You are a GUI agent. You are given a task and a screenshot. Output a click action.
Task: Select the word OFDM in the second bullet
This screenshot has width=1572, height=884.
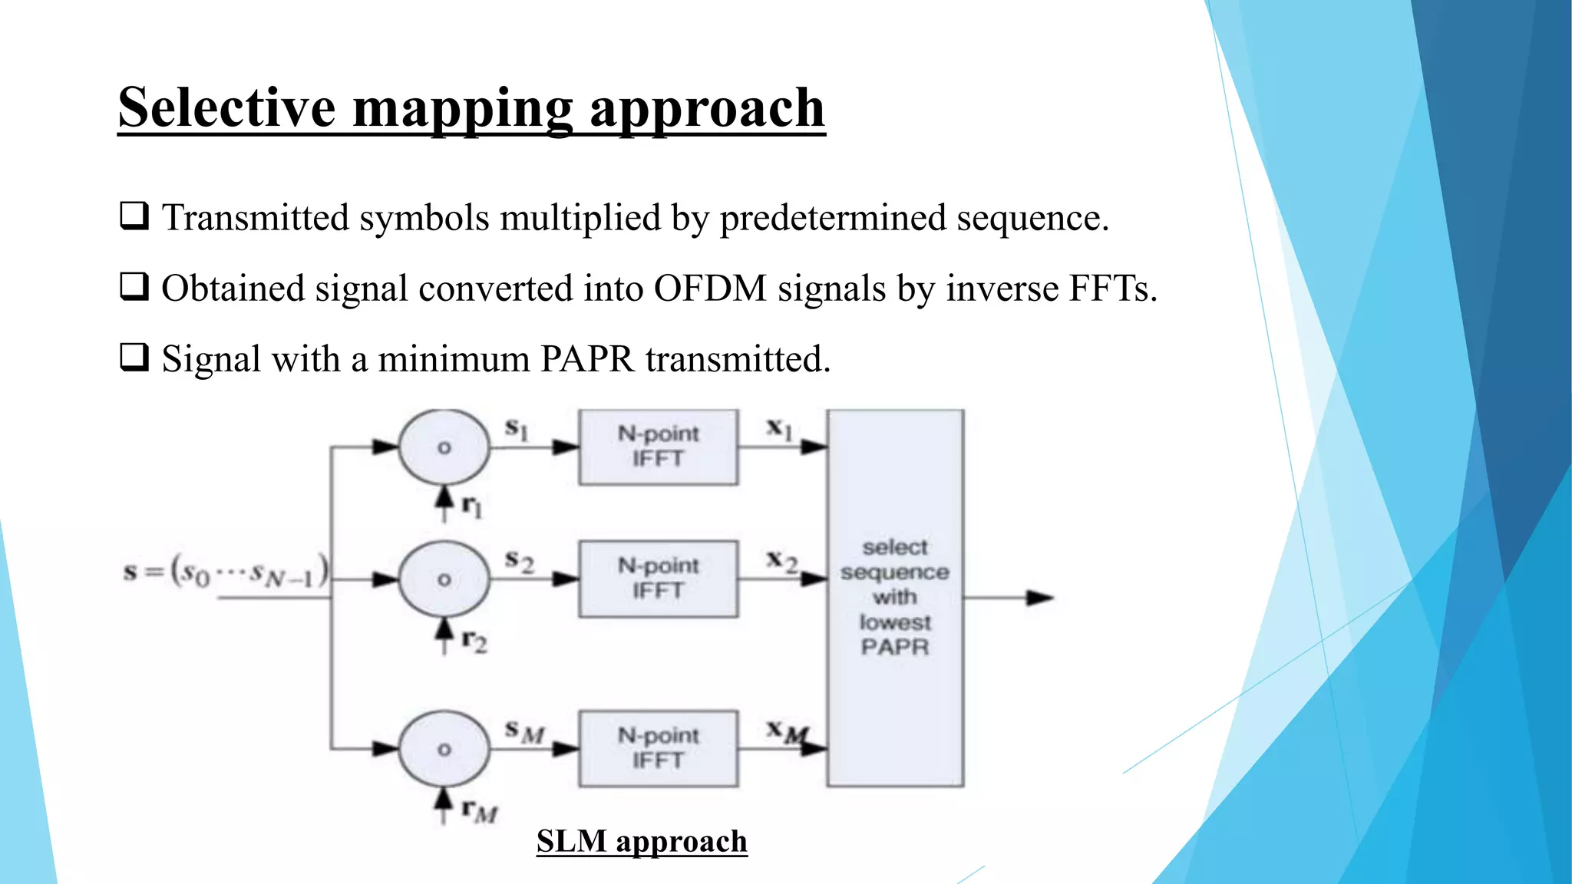click(710, 289)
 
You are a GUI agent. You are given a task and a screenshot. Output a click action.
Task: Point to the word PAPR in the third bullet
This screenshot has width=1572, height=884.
click(587, 359)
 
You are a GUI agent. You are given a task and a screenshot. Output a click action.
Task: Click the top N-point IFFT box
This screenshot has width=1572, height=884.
click(658, 447)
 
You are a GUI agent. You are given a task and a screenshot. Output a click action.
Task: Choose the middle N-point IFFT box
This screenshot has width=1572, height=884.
click(658, 579)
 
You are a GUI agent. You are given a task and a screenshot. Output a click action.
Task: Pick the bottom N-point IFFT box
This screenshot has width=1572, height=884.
click(658, 748)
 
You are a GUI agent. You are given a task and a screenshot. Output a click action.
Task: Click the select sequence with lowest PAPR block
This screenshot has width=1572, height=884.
click(894, 597)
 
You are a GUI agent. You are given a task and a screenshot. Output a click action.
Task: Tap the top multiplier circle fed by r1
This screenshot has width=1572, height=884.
click(444, 447)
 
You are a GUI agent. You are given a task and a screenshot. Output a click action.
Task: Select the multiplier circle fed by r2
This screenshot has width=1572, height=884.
click(444, 579)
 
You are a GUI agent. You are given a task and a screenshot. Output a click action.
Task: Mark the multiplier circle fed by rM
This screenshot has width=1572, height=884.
click(444, 749)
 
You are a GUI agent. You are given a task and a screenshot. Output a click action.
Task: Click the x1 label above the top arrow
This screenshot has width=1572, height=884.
click(779, 429)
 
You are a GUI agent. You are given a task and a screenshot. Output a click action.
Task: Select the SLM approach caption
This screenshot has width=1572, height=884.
click(642, 842)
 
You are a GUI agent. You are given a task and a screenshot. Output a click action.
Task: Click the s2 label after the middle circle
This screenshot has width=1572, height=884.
click(519, 562)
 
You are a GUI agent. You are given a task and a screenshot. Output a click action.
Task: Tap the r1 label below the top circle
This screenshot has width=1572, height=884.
click(472, 506)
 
